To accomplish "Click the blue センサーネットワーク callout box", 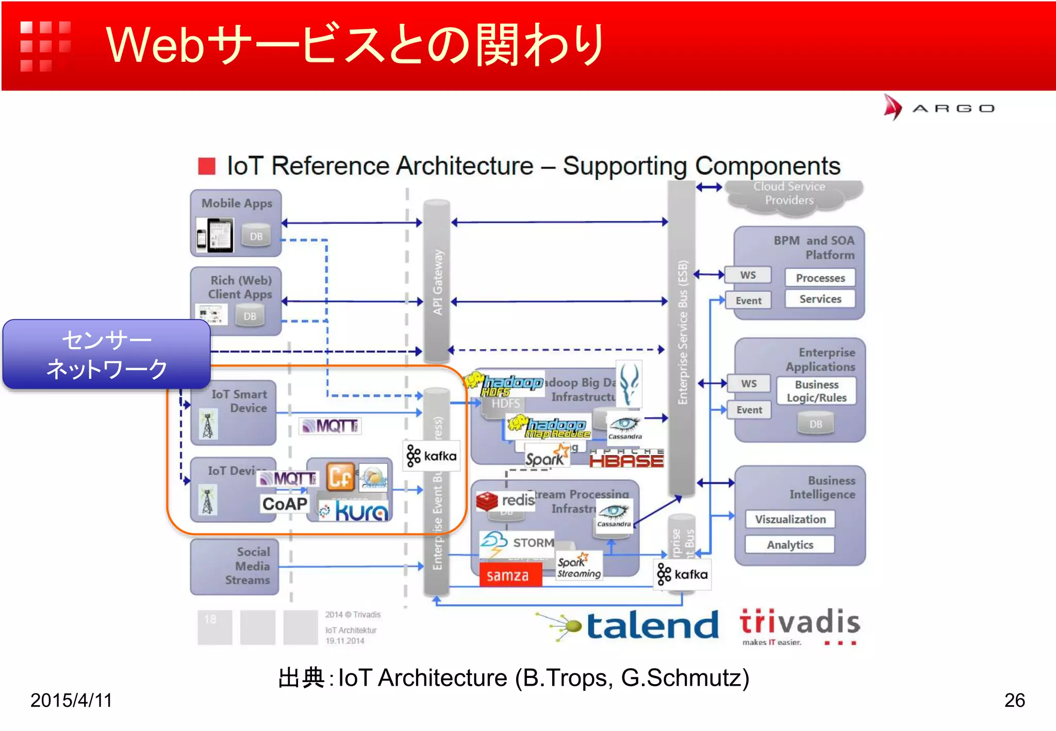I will click(107, 354).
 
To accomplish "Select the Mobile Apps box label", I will click(237, 203).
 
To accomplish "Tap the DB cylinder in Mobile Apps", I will click(256, 236).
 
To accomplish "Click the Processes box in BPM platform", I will click(820, 278).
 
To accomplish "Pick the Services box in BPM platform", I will click(820, 299).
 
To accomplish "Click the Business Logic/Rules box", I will click(816, 391).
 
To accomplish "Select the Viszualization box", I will click(790, 519).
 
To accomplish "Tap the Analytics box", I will click(789, 545).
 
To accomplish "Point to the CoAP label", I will click(285, 504).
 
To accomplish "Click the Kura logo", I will click(355, 511).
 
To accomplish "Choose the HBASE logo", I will click(626, 458).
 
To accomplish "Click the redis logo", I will click(505, 500).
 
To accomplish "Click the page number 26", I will click(1014, 700).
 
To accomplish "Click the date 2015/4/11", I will click(71, 700).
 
